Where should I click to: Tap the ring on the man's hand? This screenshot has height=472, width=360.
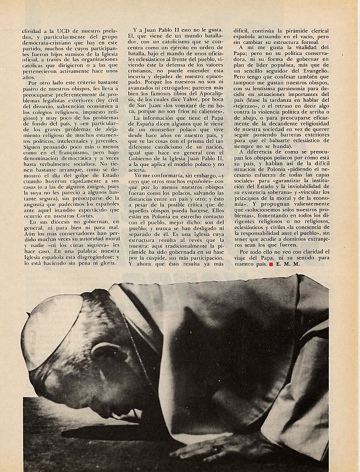pos(217,448)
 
